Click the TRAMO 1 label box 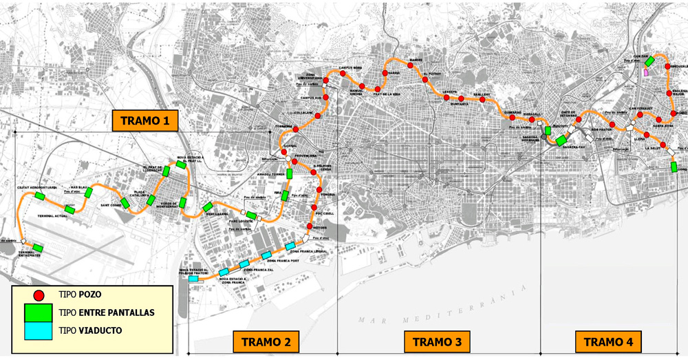pos(145,121)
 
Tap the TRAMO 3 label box pos(438,341)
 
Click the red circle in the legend pos(40,295)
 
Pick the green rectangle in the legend pos(40,313)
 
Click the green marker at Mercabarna pos(206,207)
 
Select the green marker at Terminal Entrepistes pos(38,248)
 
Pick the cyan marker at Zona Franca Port pos(290,246)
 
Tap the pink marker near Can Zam pos(646,72)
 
